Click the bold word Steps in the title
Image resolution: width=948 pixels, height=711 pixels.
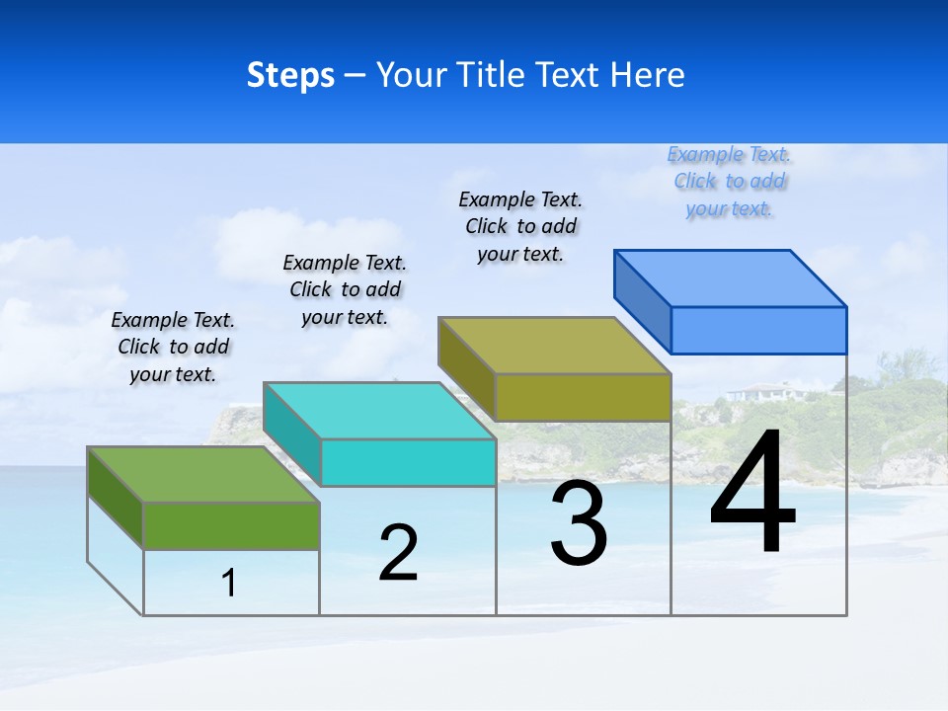[x=290, y=75]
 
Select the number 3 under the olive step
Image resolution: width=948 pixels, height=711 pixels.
[x=579, y=523]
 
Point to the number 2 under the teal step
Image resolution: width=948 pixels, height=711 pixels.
[x=398, y=552]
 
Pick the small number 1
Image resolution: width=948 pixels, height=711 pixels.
[x=229, y=583]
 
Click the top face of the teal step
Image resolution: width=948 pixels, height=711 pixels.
[x=379, y=410]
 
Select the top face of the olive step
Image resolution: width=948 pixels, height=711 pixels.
[x=555, y=346]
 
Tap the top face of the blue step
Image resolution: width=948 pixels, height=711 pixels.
[x=731, y=277]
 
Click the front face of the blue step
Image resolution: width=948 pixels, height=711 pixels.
[x=758, y=330]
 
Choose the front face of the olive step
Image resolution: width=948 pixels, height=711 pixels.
[x=583, y=397]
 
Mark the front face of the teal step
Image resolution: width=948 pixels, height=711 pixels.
[x=408, y=462]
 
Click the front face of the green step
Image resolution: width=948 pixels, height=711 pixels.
[x=231, y=525]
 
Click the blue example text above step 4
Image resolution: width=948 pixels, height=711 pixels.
[x=729, y=182]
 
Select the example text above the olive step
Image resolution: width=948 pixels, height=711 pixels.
[x=520, y=226]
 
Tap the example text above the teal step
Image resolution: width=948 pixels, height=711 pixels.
[x=345, y=289]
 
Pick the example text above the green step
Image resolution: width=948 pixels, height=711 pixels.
[x=173, y=347]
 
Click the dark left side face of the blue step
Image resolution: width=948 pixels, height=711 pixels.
[x=642, y=301]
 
